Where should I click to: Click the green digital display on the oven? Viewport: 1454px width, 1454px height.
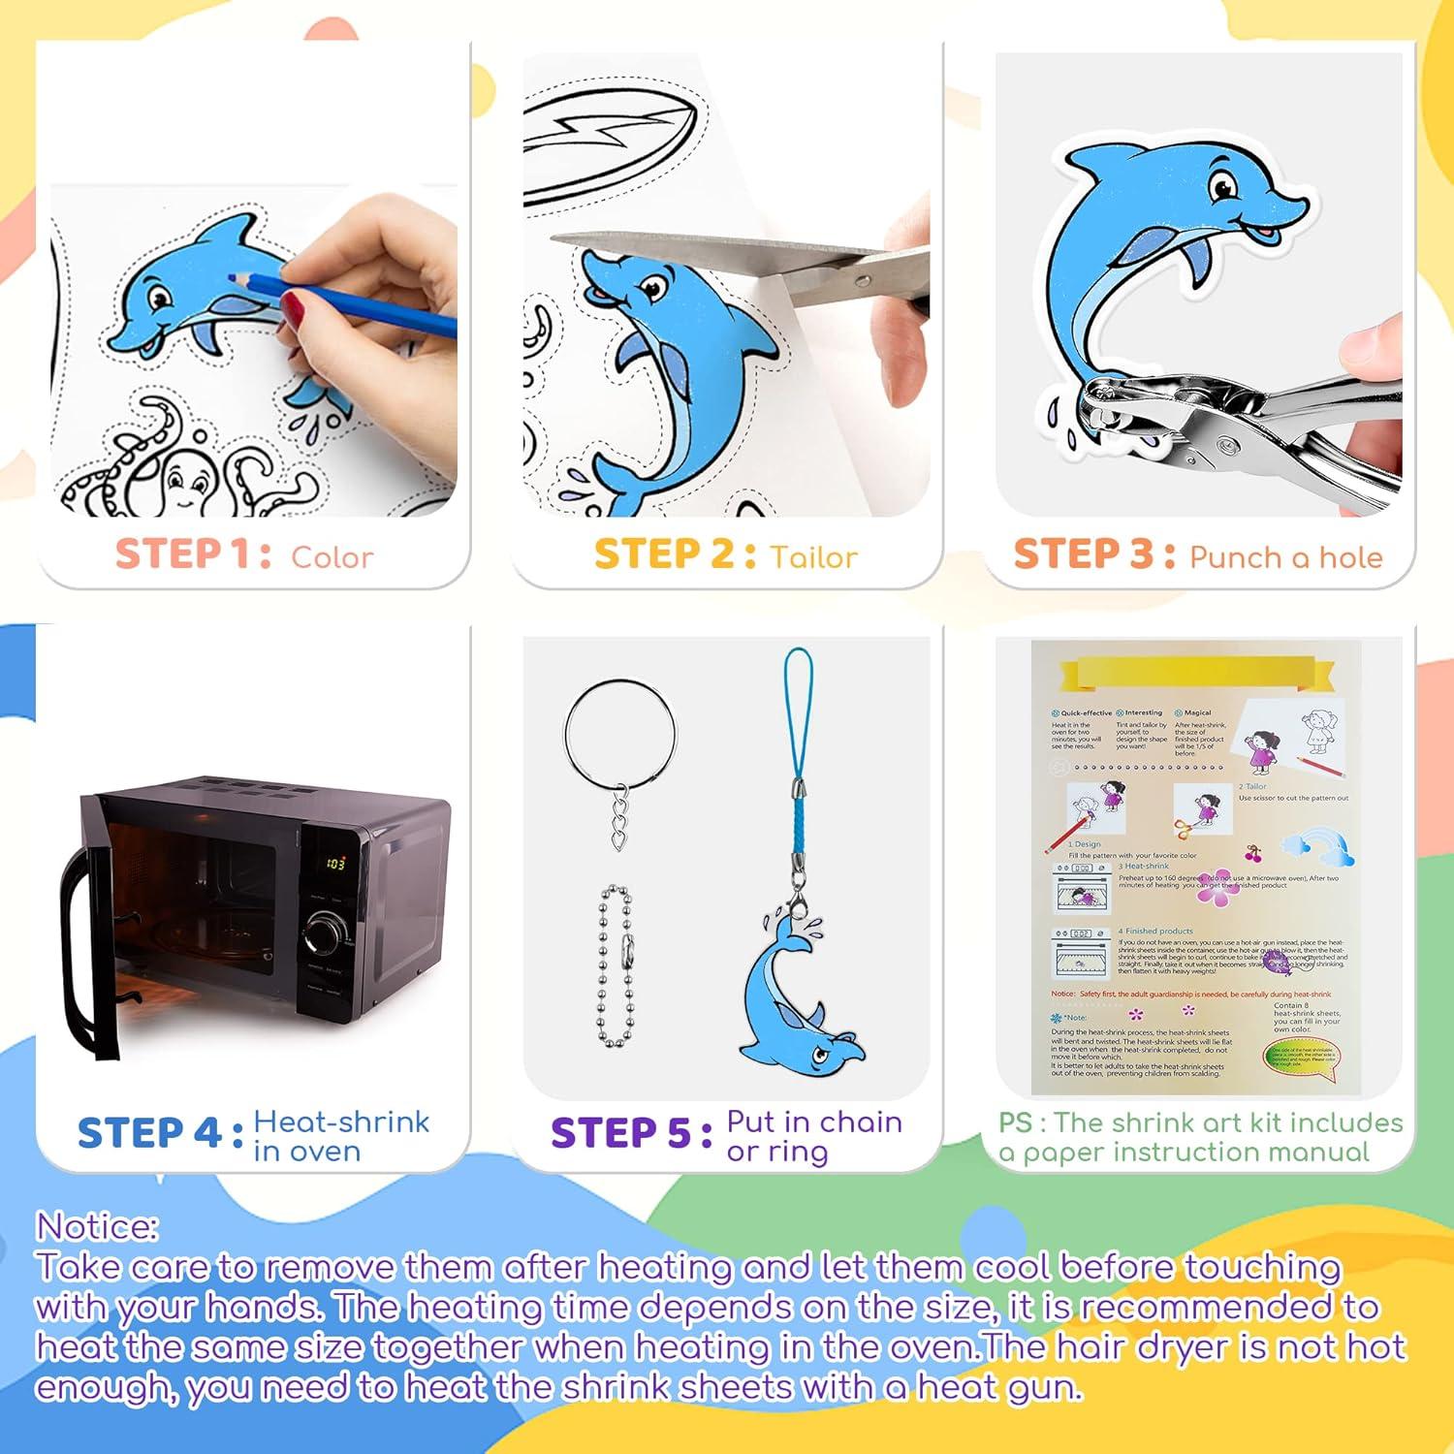coord(334,862)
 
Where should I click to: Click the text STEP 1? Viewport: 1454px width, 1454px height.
coord(192,555)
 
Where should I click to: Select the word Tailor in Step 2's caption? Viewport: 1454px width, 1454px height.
coord(813,557)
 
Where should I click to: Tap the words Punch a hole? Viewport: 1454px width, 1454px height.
coord(1285,557)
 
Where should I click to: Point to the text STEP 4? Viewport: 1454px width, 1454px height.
coord(160,1132)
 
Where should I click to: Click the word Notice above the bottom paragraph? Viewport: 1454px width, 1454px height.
coord(97,1227)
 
